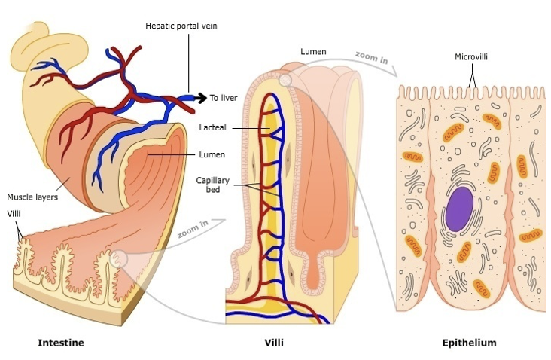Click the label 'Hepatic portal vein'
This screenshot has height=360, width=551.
point(181,26)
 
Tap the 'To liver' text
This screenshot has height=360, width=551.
point(224,97)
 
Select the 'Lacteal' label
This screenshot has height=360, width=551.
point(213,128)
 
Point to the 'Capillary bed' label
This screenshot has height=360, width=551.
point(213,185)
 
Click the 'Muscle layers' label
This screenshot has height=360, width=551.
point(32,197)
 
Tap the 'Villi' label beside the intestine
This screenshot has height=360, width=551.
point(14,214)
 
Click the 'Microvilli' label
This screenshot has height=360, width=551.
point(473,56)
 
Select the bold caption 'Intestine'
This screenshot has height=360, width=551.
point(61,343)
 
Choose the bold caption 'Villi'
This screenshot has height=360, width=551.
point(274,343)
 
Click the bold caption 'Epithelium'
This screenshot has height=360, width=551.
point(470,343)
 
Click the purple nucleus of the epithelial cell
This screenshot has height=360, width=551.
point(460,209)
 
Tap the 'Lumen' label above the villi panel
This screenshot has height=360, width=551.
point(312,51)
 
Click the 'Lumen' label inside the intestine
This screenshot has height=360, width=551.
point(213,155)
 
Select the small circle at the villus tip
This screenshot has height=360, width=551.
point(285,79)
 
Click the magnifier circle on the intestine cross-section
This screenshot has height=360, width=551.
point(118,259)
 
